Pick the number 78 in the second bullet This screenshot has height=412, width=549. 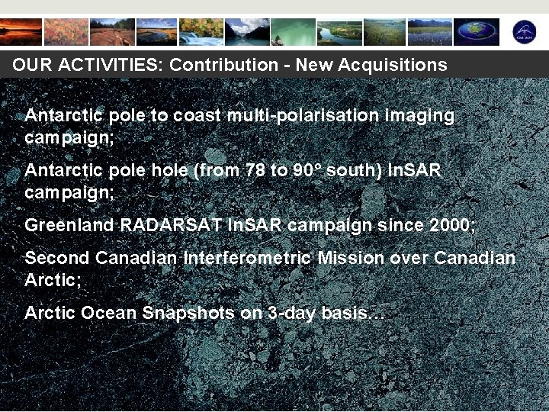[x=251, y=171]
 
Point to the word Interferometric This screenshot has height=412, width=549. [x=247, y=259]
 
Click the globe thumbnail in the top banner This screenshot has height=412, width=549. [x=477, y=33]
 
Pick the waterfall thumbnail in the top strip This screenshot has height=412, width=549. [x=201, y=33]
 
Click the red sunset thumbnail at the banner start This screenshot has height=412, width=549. [x=21, y=33]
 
